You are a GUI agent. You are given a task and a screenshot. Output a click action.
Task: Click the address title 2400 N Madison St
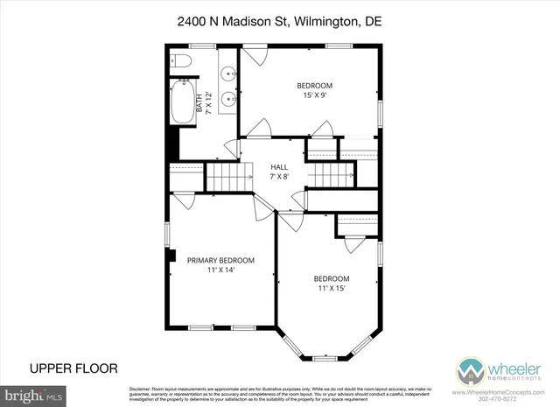click(x=280, y=20)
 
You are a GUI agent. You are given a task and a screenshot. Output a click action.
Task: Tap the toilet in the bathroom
click(x=182, y=61)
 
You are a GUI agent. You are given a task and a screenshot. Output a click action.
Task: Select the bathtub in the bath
click(x=184, y=103)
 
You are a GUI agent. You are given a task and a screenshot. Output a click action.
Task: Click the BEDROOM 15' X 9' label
click(x=314, y=91)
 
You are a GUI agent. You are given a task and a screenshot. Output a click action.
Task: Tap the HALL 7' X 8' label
click(x=279, y=172)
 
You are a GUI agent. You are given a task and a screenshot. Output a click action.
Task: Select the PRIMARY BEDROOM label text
click(x=220, y=260)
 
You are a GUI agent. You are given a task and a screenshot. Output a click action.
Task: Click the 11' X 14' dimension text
click(x=220, y=270)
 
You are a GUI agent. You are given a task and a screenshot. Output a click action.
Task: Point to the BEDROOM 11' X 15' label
click(x=332, y=284)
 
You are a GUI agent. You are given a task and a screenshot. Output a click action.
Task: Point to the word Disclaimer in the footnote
click(x=143, y=388)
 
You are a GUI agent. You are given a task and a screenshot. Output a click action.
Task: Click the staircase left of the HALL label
click(x=226, y=179)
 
